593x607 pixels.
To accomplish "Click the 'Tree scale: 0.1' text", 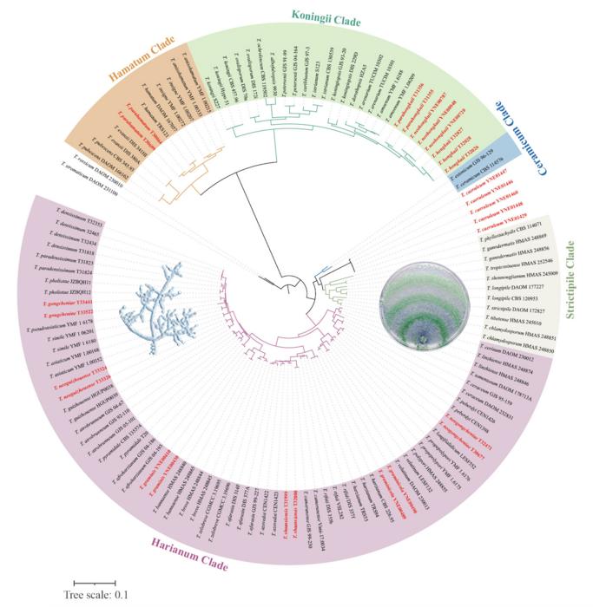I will click(x=96, y=595).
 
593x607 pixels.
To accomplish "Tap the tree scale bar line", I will click(x=94, y=582).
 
